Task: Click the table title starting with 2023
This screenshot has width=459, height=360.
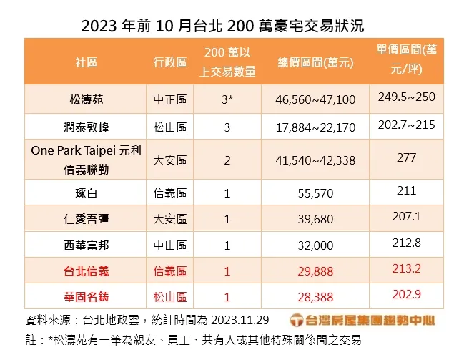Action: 222,26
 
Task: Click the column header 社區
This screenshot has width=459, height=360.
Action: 86,62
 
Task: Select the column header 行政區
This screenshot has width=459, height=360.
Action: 169,62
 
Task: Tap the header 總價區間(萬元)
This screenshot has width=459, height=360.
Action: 315,62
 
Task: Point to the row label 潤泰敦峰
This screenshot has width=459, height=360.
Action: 86,128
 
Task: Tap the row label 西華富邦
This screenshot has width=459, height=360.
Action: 86,245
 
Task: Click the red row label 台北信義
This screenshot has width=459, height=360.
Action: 86,271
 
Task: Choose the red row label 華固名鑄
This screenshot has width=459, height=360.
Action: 86,296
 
